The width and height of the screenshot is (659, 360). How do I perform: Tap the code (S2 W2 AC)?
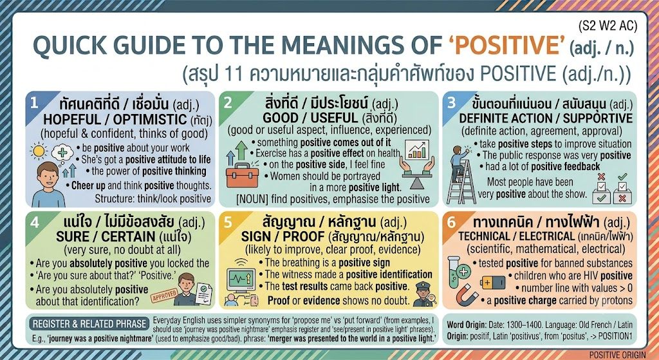pyautogui.click(x=608, y=26)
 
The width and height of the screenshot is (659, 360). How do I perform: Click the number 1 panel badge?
pyautogui.click(x=35, y=103)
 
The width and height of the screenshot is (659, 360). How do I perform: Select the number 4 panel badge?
pyautogui.click(x=35, y=222)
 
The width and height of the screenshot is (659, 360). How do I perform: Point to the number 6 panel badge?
pyautogui.click(x=451, y=222)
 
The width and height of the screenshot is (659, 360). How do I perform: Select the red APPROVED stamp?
pyautogui.click(x=164, y=296)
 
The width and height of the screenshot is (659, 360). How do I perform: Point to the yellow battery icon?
pyautogui.click(x=492, y=282)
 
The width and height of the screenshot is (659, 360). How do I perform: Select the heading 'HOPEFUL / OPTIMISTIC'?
pyautogui.click(x=115, y=119)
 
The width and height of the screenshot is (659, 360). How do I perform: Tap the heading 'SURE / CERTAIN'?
pyautogui.click(x=107, y=237)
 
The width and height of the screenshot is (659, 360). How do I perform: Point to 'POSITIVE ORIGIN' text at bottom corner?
pyautogui.click(x=617, y=355)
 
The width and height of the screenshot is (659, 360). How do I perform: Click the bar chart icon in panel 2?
pyautogui.click(x=417, y=149)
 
